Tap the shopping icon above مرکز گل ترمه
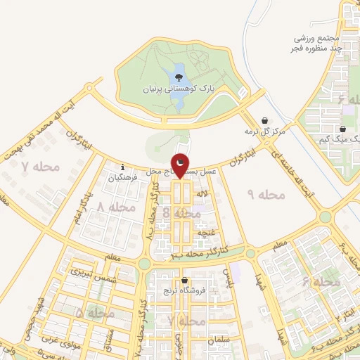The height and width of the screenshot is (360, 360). pyautogui.click(x=264, y=120)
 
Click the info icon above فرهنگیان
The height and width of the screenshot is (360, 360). pyautogui.click(x=123, y=167)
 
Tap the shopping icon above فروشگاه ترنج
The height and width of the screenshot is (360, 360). pyautogui.click(x=184, y=280)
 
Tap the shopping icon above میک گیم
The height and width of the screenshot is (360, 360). pyautogui.click(x=342, y=129)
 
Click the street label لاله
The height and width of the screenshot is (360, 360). pyautogui.click(x=202, y=193)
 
